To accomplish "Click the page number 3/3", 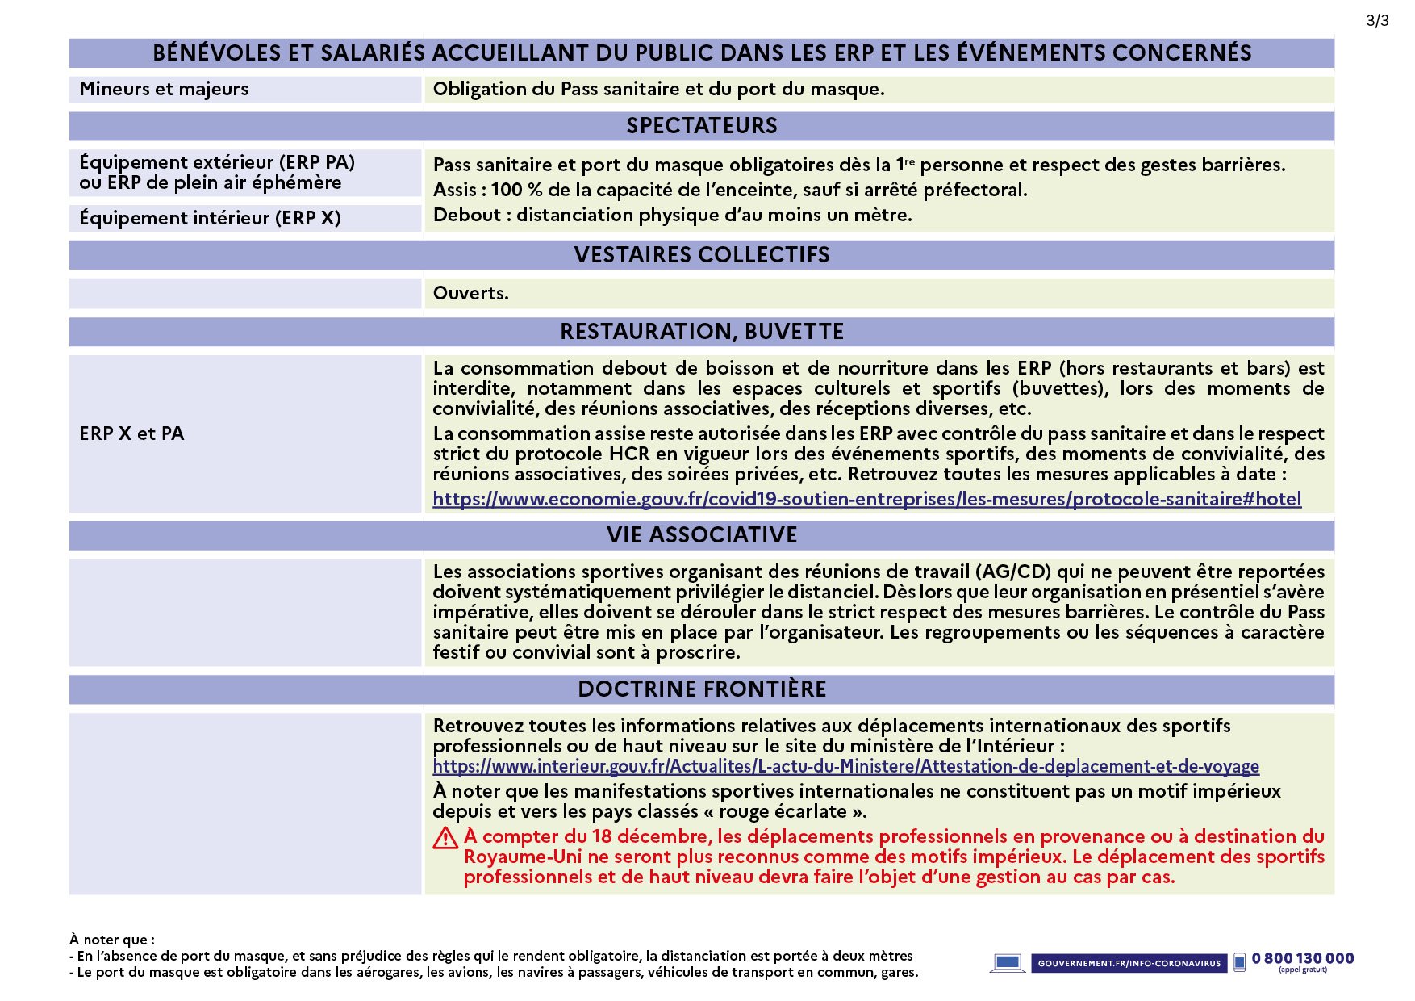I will [1377, 21].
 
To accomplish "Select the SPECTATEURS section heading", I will [702, 126].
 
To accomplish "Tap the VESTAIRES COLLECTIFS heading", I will [702, 255].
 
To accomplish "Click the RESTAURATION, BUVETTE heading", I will [702, 332].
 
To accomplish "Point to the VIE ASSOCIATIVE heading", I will [702, 535].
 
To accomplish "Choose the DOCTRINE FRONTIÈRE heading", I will [702, 689].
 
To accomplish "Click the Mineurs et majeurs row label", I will [164, 90].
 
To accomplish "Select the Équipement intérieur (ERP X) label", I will [210, 218].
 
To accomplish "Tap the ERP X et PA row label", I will [131, 434].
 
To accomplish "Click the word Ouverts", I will [470, 293].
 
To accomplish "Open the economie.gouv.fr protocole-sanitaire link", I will [866, 500].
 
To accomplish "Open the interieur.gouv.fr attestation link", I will [845, 767].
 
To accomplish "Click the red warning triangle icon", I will [445, 839].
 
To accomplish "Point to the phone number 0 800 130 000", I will [1303, 958].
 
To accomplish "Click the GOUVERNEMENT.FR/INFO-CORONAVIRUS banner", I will [1129, 963].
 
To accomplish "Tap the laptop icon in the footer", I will [1007, 962].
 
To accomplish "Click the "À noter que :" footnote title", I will [112, 940].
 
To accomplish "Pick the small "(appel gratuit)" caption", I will [1302, 970].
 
